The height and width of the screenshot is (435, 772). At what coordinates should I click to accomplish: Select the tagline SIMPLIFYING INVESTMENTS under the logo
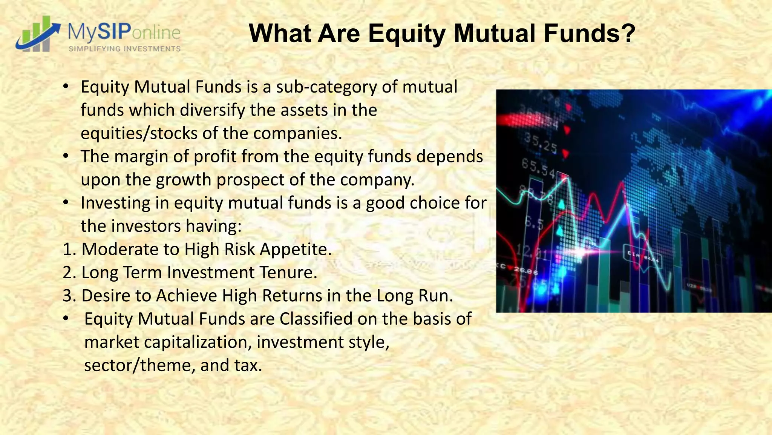[x=124, y=49]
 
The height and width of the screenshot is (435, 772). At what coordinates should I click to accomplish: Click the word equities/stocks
[x=139, y=134]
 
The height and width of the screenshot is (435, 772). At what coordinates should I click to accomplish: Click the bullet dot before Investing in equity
[x=66, y=203]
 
